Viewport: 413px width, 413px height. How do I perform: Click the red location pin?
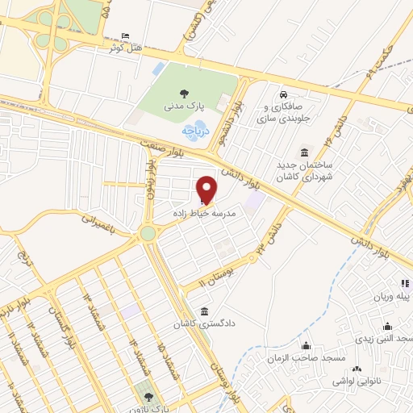click(207, 188)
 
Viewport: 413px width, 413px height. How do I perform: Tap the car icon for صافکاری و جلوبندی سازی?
click(283, 93)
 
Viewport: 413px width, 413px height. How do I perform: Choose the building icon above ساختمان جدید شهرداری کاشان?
click(303, 153)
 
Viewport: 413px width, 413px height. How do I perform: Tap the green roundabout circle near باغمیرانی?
click(147, 234)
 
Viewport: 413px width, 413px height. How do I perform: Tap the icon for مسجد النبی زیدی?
click(387, 327)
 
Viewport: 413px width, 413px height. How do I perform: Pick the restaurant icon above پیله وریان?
click(406, 283)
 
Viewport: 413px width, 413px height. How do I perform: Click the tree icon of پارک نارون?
click(148, 395)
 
